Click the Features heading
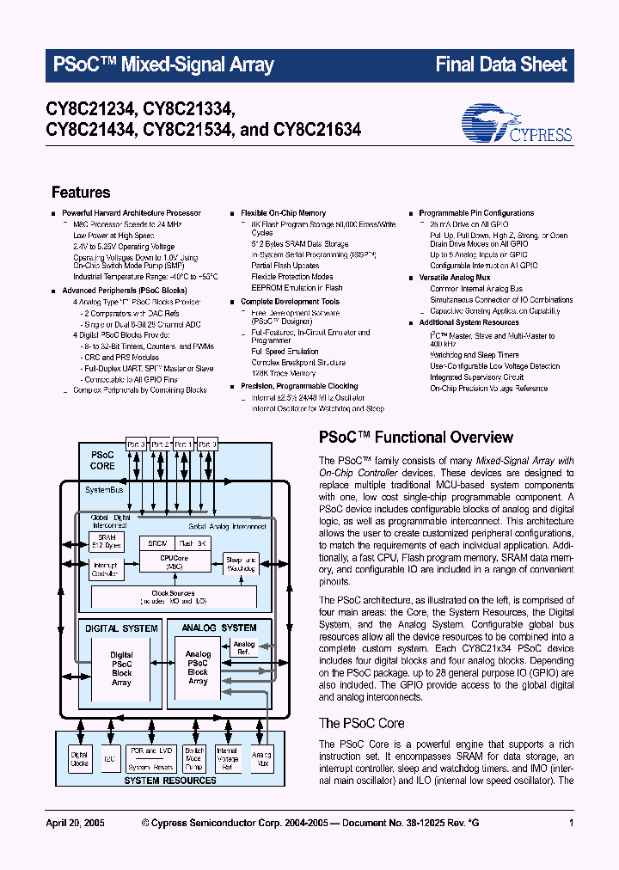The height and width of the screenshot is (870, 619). pyautogui.click(x=81, y=193)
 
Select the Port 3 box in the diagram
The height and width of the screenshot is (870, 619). pyautogui.click(x=137, y=444)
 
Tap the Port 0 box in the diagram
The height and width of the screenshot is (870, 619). pyautogui.click(x=207, y=444)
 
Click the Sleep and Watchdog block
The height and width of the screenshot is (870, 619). pyautogui.click(x=242, y=565)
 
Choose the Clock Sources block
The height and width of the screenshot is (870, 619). pyautogui.click(x=172, y=597)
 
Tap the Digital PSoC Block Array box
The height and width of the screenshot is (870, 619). pyautogui.click(x=121, y=669)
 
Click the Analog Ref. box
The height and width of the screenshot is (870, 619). pyautogui.click(x=244, y=648)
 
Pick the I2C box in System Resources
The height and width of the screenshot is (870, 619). pyautogui.click(x=109, y=759)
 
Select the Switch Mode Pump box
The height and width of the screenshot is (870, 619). pyautogui.click(x=194, y=759)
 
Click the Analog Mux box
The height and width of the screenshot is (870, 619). pyautogui.click(x=260, y=759)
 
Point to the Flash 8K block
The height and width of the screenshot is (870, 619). pyautogui.click(x=192, y=544)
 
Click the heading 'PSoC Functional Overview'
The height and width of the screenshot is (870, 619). pyautogui.click(x=416, y=438)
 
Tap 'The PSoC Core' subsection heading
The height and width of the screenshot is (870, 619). pyautogui.click(x=361, y=723)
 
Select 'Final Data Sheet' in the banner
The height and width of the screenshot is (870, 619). pyautogui.click(x=500, y=64)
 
